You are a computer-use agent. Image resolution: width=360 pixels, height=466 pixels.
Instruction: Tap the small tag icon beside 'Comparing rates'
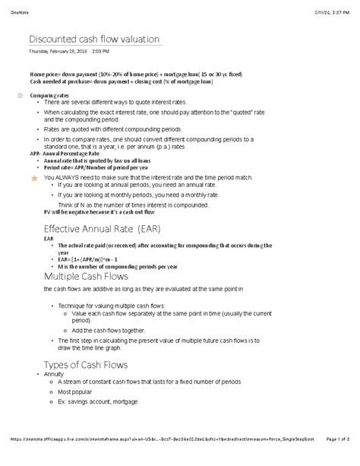20,95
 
